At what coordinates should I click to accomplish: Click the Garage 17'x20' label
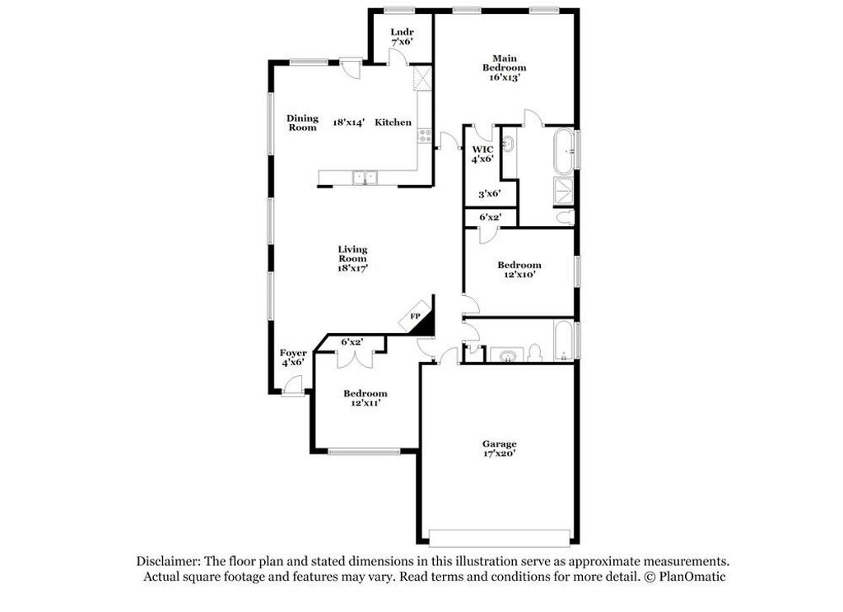click(500, 448)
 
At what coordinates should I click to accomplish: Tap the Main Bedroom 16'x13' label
click(505, 67)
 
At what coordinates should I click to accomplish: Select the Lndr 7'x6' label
click(401, 36)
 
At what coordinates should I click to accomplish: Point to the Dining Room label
click(302, 123)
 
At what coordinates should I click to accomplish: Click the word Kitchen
click(394, 123)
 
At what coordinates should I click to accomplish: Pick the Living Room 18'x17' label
click(352, 258)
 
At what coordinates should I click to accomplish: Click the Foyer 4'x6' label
click(293, 357)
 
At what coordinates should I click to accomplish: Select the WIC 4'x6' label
click(482, 154)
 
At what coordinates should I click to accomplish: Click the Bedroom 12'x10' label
click(519, 269)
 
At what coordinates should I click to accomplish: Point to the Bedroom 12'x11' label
click(365, 398)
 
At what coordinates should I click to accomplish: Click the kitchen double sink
click(364, 177)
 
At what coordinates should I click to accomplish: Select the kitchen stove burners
click(425, 136)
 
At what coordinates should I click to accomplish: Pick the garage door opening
click(500, 536)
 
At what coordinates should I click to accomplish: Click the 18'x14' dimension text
click(350, 123)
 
